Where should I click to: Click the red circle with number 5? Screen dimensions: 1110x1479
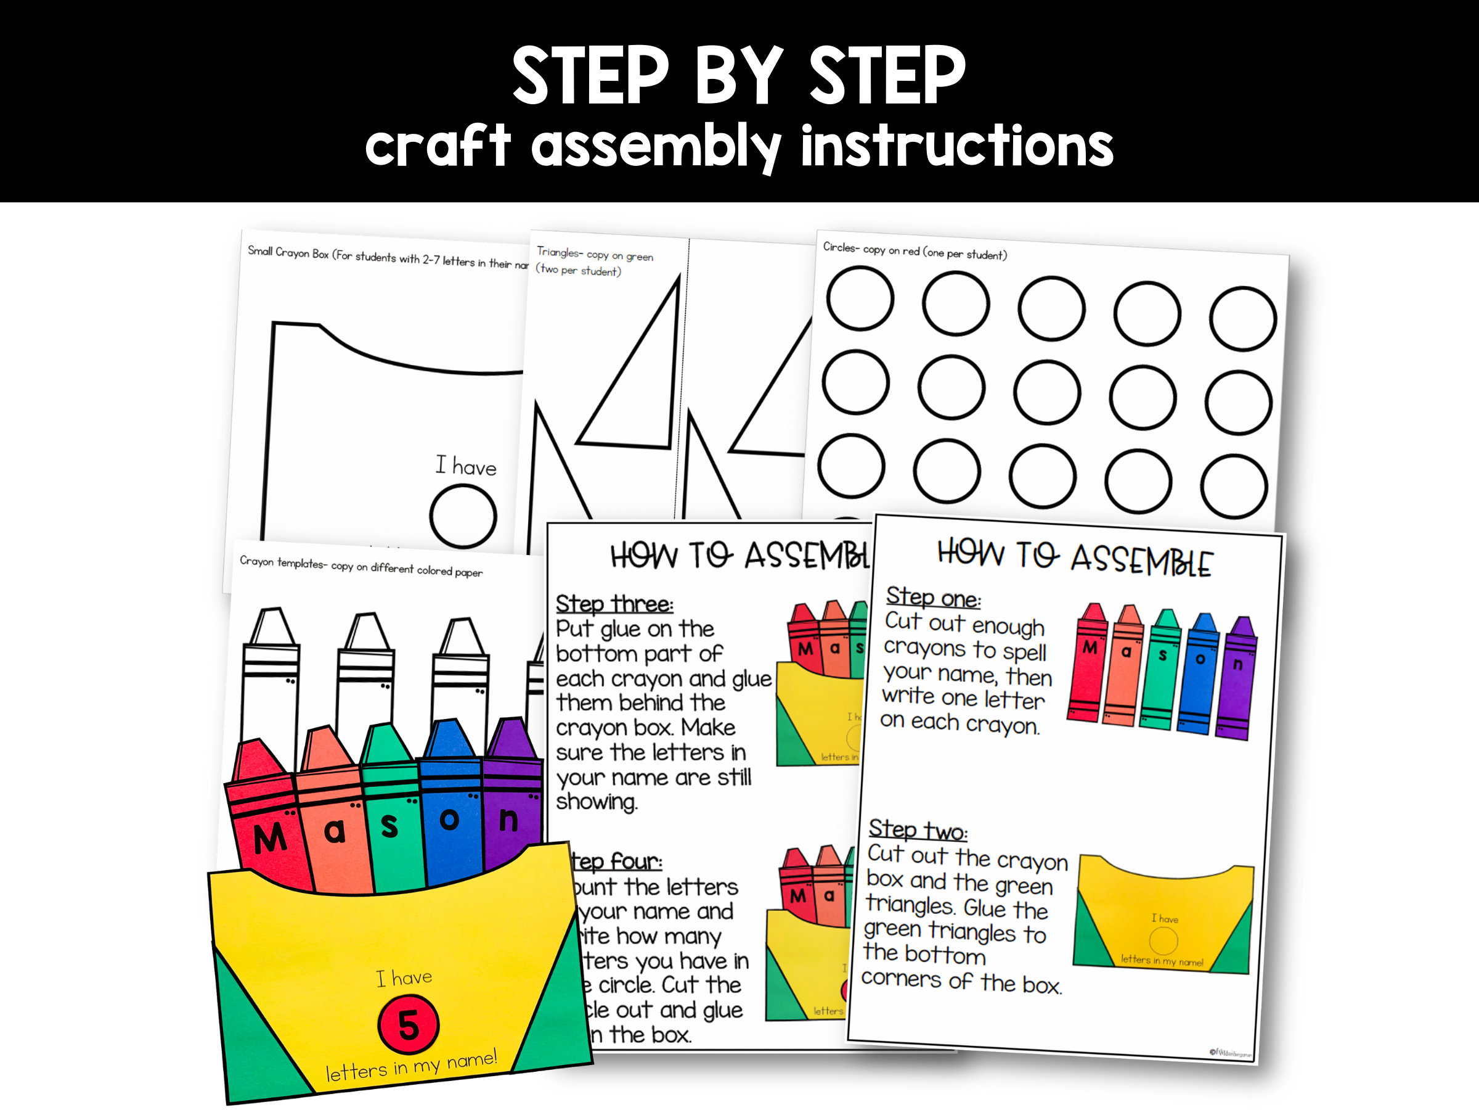408,1025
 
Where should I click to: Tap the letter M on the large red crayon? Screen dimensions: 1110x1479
270,838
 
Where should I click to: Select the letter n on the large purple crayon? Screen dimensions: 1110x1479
508,820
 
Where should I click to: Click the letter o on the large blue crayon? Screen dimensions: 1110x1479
449,820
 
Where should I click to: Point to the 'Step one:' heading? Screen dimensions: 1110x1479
933,597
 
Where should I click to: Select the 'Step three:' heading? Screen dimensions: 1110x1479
614,604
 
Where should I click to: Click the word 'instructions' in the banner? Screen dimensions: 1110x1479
956,146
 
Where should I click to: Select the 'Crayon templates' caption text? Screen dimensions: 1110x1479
361,566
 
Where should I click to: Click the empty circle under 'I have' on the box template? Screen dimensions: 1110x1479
463,516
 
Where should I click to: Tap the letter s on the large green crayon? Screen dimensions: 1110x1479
389,828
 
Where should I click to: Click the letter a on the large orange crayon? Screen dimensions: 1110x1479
334,832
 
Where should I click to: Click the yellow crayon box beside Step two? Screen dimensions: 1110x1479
1163,913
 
